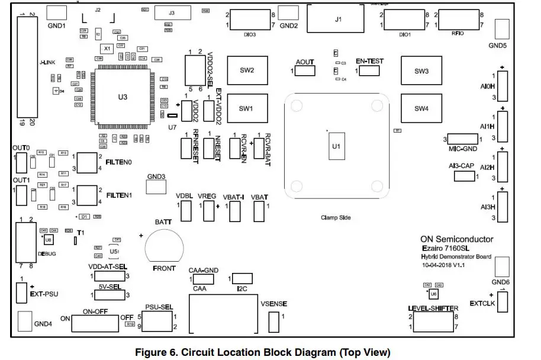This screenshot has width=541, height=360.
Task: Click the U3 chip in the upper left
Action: point(122,96)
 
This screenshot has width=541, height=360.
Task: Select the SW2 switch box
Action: point(247,71)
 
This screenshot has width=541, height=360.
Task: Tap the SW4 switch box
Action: point(421,108)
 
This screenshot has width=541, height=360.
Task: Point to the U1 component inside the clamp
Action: point(336,146)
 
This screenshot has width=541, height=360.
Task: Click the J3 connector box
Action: point(172,13)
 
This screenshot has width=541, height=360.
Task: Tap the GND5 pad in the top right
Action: point(502,28)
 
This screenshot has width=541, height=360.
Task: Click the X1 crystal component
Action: point(107,48)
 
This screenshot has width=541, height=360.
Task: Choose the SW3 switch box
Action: point(421,71)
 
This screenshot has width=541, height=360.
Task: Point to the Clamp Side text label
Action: point(335,218)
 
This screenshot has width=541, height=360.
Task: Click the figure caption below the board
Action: point(263,352)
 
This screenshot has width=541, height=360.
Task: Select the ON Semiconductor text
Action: point(456,239)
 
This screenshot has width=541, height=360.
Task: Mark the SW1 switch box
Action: point(247,108)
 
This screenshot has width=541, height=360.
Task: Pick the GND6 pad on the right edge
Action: point(501,264)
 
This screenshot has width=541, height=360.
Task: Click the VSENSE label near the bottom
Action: point(273,304)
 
